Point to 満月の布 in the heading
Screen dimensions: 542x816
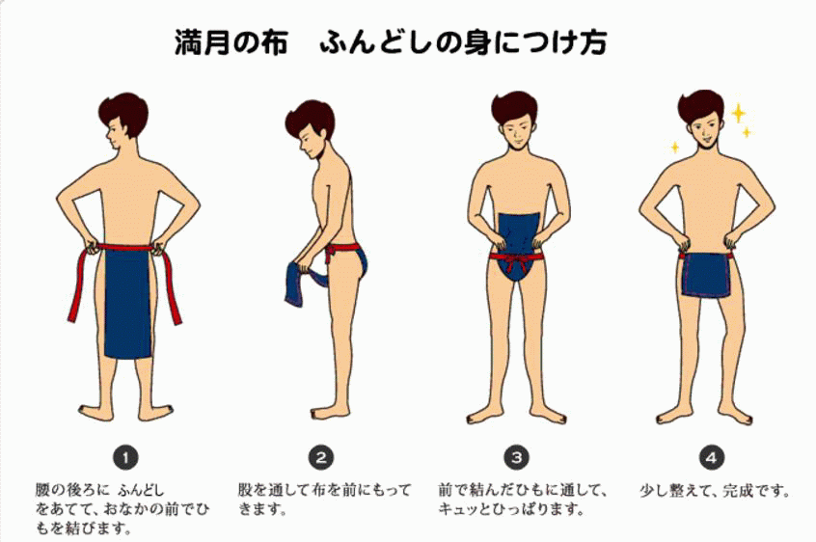(231, 43)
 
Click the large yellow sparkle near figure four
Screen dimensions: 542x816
(739, 114)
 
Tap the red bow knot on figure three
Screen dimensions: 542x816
(513, 257)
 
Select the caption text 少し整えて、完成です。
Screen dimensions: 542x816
(715, 490)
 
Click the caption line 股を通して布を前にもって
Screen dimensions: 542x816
(324, 490)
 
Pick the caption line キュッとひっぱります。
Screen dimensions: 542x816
(511, 509)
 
